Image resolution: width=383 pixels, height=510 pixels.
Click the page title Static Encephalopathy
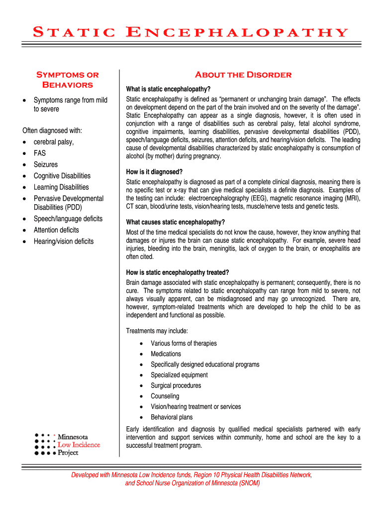point(191,33)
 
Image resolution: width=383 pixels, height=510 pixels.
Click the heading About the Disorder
point(243,75)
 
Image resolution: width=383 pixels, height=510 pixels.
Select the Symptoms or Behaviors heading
point(67,80)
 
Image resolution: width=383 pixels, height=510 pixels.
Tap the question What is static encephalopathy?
point(168,89)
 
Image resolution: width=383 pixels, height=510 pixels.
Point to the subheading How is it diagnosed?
point(154,172)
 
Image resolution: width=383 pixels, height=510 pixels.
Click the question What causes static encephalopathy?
point(175,222)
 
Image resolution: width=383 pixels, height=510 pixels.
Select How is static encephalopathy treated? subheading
point(178,272)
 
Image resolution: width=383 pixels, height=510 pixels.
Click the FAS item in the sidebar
point(40,153)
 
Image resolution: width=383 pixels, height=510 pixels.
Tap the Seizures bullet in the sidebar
point(45,164)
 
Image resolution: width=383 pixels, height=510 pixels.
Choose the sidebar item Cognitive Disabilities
point(62,176)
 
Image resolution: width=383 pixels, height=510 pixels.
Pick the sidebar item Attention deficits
point(56,230)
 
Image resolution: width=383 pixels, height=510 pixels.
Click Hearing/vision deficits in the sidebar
point(63,242)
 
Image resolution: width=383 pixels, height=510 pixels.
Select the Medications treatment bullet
point(166,354)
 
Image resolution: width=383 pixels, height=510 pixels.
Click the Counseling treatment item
point(165,396)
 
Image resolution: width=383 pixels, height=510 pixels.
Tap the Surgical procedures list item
point(176,385)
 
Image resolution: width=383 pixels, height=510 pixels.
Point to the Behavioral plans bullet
point(172,417)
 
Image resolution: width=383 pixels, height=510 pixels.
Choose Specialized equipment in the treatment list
point(179,375)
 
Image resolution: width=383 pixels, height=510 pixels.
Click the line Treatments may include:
point(157,331)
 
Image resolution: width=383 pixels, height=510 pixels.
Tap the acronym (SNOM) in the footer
point(249,483)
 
